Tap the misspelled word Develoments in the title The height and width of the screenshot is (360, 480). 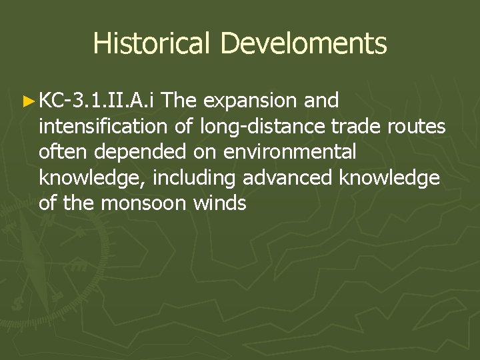coord(303,43)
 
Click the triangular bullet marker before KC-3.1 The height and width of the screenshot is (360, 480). coord(27,101)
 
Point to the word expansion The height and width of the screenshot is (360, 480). coord(251,101)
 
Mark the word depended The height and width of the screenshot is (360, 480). coord(140,151)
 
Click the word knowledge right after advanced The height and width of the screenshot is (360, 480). coord(389,177)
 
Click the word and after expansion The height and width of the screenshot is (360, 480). coord(321,101)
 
